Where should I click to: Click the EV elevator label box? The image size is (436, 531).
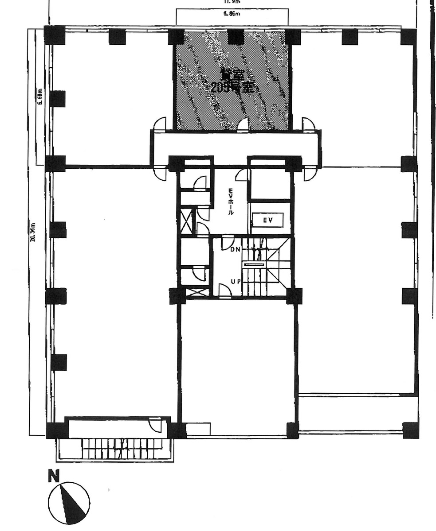coord(267,220)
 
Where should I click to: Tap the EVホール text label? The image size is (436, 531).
coord(231,202)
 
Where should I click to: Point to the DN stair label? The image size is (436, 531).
coord(235,249)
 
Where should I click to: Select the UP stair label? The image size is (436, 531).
coord(236,281)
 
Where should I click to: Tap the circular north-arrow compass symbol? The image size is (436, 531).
coord(69,503)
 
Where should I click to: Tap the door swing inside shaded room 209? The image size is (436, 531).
coord(243,125)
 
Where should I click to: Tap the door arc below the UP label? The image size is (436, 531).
coord(225,291)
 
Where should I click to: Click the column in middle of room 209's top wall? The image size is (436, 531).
coord(236,36)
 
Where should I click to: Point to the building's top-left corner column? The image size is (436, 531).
coord(55,35)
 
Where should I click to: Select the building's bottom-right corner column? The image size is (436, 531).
coord(410,430)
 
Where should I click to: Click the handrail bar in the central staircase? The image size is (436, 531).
coord(254,264)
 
